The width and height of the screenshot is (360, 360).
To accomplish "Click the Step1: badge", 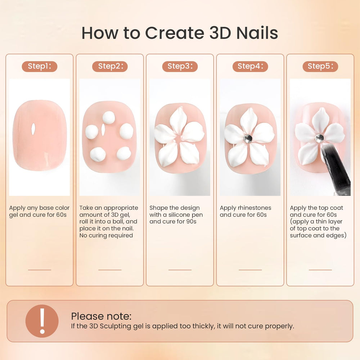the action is pos(40,66).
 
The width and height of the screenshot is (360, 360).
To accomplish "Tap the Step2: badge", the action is pos(110,66).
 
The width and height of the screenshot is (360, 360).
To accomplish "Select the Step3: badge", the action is pos(180,66).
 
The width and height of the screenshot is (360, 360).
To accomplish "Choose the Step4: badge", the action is pos(250,66).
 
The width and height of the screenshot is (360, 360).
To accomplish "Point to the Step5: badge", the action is pos(320,66).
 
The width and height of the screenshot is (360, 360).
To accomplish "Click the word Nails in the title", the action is pos(257,33).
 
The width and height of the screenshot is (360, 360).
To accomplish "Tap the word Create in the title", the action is pos(175,33).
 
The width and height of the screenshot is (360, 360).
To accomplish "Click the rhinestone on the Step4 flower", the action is pos(248,139).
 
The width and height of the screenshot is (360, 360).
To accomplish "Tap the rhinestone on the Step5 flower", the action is pos(319,138).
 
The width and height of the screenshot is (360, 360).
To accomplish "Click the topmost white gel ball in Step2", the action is pos(109,117).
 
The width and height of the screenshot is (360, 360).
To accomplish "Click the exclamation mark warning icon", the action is pos(42,321).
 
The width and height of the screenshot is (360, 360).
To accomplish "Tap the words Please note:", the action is pos(101,316).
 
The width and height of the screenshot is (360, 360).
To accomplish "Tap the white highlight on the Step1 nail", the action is pos(33,129).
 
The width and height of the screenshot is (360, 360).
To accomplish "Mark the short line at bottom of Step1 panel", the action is pos(40,270).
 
